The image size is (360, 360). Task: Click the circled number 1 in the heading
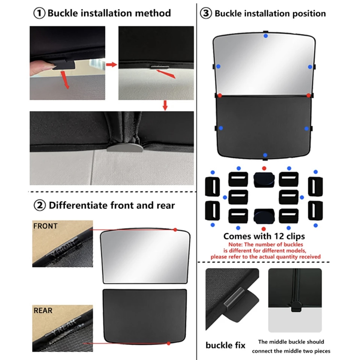(x=39, y=13)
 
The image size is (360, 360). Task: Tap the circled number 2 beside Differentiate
(x=39, y=205)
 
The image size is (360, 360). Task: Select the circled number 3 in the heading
(x=206, y=13)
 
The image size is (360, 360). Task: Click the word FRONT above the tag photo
(x=45, y=226)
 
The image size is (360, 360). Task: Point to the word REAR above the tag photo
(x=43, y=311)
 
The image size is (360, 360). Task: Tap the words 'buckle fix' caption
(x=226, y=345)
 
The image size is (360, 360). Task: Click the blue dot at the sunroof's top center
(x=266, y=36)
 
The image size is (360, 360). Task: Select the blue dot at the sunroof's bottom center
(x=265, y=155)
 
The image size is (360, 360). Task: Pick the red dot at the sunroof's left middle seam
(x=220, y=95)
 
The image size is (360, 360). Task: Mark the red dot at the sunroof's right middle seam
(x=308, y=95)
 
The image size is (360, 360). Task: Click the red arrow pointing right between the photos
(x=112, y=65)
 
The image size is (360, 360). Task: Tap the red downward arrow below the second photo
(x=165, y=105)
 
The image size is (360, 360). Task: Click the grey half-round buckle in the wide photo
(x=125, y=147)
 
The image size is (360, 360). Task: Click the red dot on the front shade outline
(x=175, y=229)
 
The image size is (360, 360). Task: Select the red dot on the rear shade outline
(x=169, y=343)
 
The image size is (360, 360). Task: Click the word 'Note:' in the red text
(x=236, y=244)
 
